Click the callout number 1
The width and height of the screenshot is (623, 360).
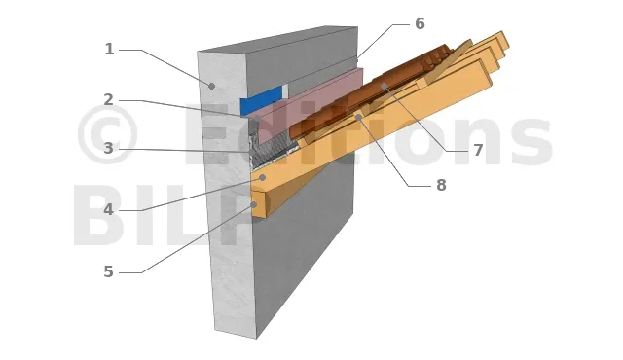pos(109,50)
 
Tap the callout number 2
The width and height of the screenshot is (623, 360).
pos(108,99)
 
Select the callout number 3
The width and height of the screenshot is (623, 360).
pos(108,149)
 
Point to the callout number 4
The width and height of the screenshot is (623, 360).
pos(108,209)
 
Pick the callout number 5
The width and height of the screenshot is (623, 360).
pos(108,271)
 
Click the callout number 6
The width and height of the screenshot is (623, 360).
pos(420,23)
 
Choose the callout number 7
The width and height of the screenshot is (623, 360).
pos(478,150)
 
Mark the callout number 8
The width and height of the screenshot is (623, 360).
pos(441,185)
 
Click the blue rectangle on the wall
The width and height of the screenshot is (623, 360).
pos(262,100)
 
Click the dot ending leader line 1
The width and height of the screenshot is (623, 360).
pos(212,86)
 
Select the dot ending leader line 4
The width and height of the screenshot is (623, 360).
pos(262,177)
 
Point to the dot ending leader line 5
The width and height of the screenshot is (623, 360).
pos(254,204)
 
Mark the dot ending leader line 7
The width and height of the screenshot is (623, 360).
pos(384,86)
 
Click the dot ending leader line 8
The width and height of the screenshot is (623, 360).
pos(358,117)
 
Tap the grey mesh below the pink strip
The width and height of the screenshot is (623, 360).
pos(275,150)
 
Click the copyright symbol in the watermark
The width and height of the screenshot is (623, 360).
pos(108,134)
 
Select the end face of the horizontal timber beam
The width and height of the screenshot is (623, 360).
pos(259,203)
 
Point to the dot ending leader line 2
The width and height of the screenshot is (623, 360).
pos(257,118)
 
